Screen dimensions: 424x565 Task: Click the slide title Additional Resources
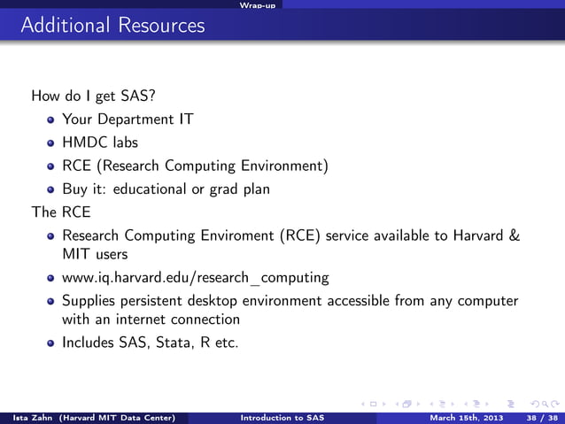(x=112, y=26)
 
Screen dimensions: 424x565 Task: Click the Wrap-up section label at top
(x=257, y=5)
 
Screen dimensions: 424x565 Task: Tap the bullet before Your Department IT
(x=52, y=119)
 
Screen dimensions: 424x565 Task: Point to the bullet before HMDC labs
(x=52, y=143)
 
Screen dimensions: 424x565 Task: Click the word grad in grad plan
(x=226, y=189)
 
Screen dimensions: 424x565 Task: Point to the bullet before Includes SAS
(x=52, y=343)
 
